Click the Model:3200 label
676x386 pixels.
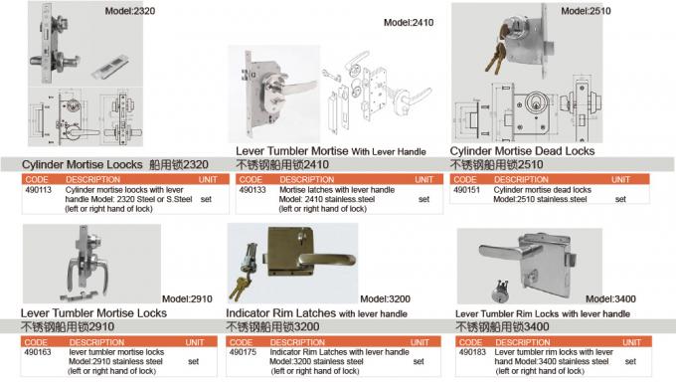(386, 297)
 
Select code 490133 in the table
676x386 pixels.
(253, 188)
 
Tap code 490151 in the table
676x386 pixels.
(466, 188)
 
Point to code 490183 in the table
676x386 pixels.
(473, 352)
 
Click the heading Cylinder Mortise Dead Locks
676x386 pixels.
(523, 151)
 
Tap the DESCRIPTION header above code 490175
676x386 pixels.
(297, 342)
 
